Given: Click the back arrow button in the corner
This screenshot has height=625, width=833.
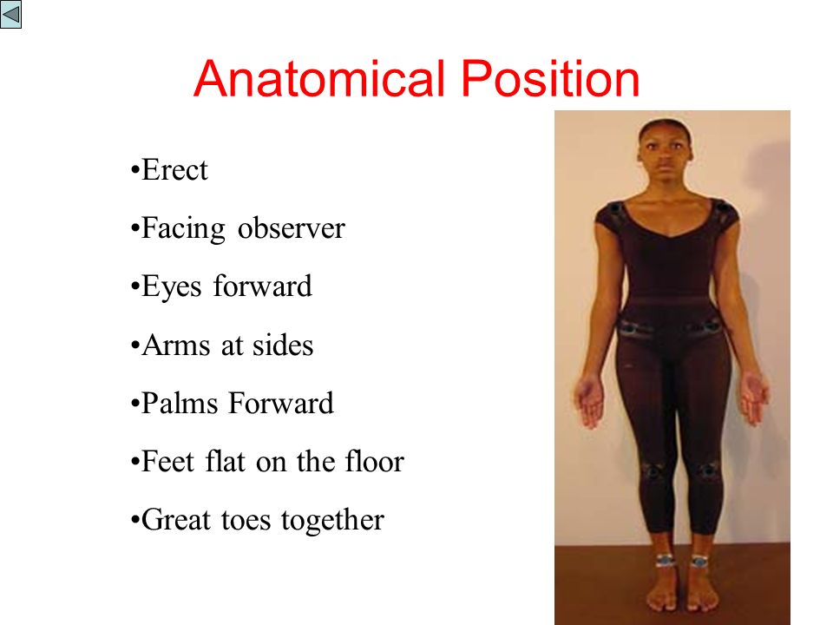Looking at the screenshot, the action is point(10,14).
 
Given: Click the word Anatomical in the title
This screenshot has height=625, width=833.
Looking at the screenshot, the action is point(319,79).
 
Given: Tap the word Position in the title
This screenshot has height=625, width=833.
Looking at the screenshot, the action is point(550,79).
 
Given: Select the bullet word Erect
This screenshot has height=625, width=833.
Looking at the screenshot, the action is point(174,170).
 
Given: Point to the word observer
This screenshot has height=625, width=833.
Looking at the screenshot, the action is point(292,228).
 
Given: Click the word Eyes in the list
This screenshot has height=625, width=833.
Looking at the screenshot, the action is point(172,287).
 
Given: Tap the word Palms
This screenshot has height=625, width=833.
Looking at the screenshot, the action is point(180,403).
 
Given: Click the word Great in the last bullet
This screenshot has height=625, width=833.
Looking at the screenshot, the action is point(176,519).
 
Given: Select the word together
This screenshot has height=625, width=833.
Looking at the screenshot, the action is point(332,520).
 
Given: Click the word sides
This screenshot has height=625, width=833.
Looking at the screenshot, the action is point(283,345).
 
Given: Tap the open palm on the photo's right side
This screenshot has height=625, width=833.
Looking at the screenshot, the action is point(754,398).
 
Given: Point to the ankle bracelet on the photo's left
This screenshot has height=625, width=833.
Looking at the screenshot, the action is point(665,560).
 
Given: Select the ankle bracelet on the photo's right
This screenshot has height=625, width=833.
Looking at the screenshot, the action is point(699,561).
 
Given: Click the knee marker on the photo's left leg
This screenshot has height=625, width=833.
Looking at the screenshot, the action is point(652,470).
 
